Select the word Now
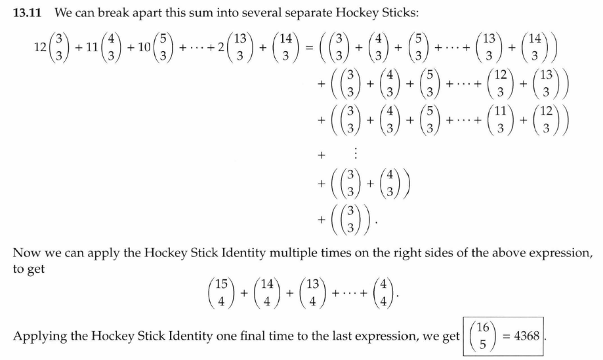[27, 252]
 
